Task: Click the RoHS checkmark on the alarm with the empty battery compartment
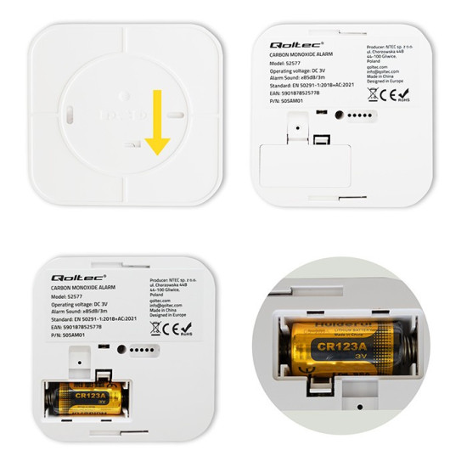(425, 94)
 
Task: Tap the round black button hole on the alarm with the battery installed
(121, 349)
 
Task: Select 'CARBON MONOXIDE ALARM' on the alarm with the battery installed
(72, 290)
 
